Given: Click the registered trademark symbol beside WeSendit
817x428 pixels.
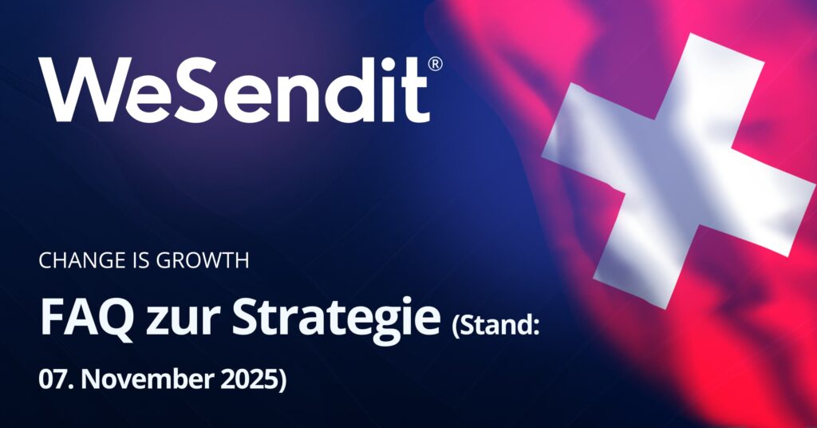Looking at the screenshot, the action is [435, 64].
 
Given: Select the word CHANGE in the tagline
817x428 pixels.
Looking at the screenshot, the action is [74, 260].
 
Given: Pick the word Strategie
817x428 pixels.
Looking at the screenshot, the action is [336, 320].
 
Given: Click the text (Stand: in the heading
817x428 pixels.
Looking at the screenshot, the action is [495, 326].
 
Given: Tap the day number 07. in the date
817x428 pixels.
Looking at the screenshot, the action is [57, 379].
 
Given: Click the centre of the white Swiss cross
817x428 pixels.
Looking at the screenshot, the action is [677, 171].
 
